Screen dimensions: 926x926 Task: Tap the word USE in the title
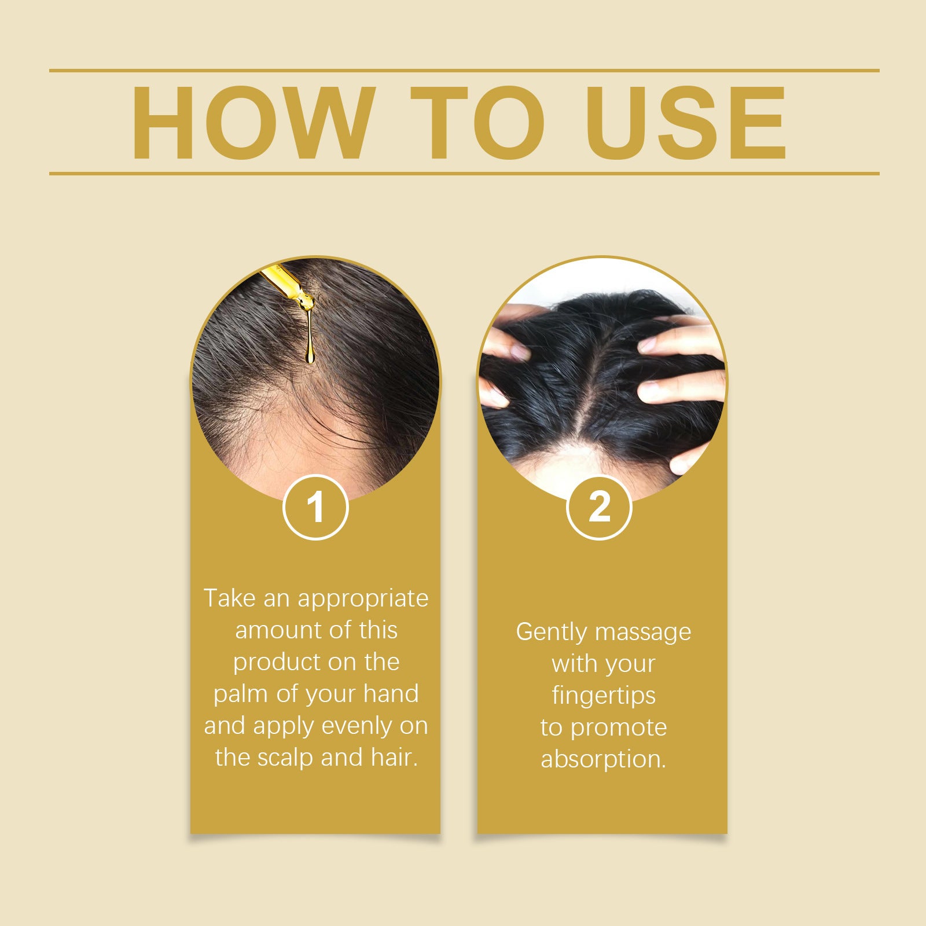(686, 123)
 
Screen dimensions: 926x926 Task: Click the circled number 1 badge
(315, 507)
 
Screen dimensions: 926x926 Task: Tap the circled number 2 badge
(599, 507)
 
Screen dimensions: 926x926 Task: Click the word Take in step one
(230, 598)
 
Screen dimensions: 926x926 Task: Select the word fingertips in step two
(604, 696)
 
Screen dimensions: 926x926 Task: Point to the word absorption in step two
(604, 759)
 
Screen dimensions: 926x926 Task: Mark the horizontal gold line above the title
(464, 71)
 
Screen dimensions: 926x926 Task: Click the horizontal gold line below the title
(464, 173)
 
